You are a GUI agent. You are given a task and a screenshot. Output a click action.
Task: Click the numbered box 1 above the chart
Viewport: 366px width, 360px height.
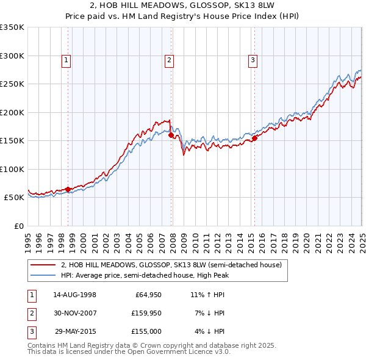[66, 60]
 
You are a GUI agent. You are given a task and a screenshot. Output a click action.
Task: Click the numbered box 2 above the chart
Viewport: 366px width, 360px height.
[169, 60]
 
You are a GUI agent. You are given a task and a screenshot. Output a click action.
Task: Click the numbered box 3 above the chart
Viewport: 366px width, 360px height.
[252, 60]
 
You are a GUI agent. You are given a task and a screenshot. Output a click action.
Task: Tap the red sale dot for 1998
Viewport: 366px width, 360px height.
[68, 189]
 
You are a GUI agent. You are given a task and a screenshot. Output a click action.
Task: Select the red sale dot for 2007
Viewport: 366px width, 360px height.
[171, 135]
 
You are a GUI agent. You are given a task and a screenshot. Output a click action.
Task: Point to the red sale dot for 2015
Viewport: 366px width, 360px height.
[254, 138]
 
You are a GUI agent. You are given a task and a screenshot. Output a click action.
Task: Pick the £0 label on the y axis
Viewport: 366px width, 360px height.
[18, 226]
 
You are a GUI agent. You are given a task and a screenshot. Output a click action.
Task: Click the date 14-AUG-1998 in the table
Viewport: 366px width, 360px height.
[74, 295]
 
